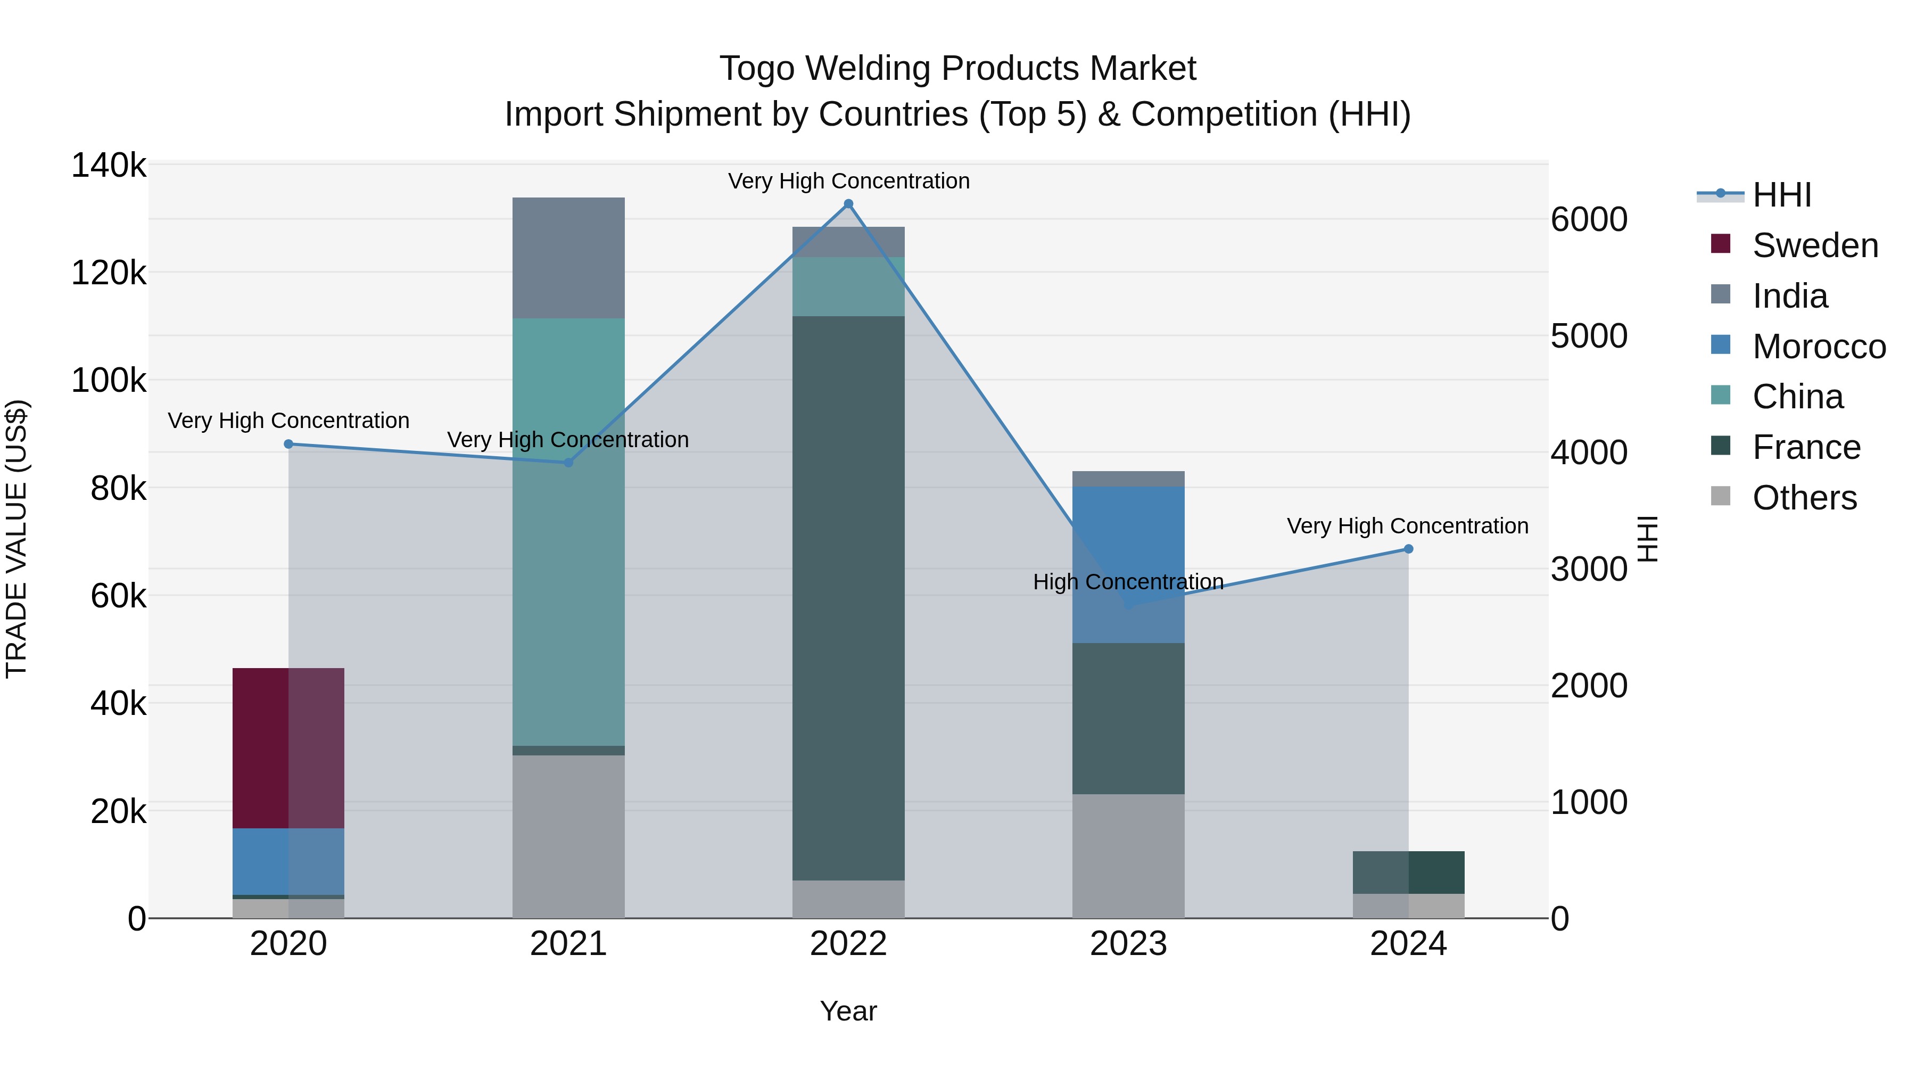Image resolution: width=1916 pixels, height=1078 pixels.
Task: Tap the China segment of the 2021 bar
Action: [x=568, y=531]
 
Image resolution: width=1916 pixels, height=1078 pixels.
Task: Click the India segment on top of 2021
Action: [x=568, y=258]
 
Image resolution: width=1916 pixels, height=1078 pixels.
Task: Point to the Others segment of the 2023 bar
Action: [x=1128, y=855]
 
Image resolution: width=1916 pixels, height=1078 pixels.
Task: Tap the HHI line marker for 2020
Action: [x=288, y=444]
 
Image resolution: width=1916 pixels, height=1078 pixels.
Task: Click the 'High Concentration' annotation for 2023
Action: [x=1128, y=582]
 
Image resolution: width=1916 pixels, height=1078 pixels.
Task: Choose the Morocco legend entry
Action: [x=1818, y=347]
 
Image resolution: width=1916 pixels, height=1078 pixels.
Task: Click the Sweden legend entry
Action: [x=1814, y=245]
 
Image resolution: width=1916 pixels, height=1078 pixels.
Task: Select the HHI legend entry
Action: [x=1781, y=195]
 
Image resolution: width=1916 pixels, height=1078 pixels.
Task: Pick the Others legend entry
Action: [x=1804, y=498]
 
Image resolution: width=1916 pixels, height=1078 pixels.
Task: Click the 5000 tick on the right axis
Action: [x=1589, y=336]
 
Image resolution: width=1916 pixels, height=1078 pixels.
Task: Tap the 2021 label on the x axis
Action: [x=568, y=944]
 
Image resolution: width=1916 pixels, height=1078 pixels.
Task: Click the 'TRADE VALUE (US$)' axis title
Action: [x=16, y=539]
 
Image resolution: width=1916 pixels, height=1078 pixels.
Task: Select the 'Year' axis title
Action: [x=848, y=1011]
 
